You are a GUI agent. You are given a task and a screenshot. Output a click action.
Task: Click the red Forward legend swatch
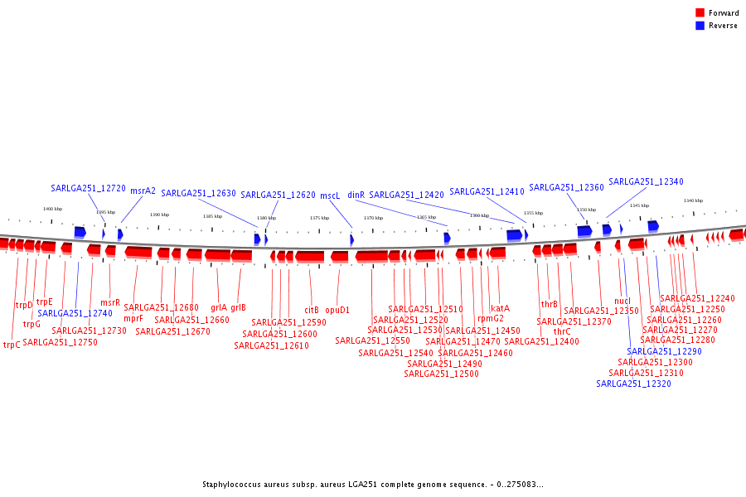tap(700, 12)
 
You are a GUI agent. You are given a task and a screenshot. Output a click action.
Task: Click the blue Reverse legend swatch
tap(700, 26)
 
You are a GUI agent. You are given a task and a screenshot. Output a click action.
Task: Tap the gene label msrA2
tap(143, 191)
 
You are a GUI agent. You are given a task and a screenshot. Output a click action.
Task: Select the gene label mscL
tap(330, 195)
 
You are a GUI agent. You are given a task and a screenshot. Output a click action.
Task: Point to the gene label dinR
tap(356, 195)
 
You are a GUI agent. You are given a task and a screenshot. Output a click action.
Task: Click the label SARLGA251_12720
tap(88, 188)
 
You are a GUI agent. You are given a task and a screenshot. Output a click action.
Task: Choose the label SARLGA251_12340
tap(646, 181)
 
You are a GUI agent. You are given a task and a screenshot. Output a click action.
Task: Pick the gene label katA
tap(500, 308)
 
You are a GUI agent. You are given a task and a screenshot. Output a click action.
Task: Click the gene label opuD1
tap(337, 310)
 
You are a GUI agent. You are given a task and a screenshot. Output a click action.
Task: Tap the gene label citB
tap(312, 310)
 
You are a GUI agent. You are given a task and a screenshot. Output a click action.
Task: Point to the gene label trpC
tap(12, 345)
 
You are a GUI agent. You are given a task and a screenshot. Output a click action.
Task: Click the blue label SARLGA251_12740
tap(75, 313)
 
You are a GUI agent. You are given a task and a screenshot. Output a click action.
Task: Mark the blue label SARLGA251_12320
tap(633, 384)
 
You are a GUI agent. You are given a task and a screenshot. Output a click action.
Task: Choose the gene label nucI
tap(622, 301)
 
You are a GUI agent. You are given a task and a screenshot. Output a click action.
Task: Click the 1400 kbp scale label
tap(52, 209)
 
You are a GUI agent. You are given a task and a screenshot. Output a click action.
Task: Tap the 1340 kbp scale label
tap(693, 200)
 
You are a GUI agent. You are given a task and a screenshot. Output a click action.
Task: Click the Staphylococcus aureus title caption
tap(373, 485)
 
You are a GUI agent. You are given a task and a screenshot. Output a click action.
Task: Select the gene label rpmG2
tap(490, 318)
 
